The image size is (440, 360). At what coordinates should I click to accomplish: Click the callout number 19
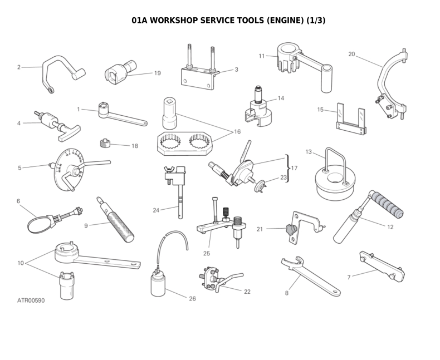157,73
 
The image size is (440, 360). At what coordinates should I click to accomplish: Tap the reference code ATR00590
31,300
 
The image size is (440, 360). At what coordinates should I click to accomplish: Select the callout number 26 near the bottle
192,299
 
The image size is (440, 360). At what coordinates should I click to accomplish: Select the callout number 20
351,54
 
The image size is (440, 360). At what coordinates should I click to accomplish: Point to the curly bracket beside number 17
287,167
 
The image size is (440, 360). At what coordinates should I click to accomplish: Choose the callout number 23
283,177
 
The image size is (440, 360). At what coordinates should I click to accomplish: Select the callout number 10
21,263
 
